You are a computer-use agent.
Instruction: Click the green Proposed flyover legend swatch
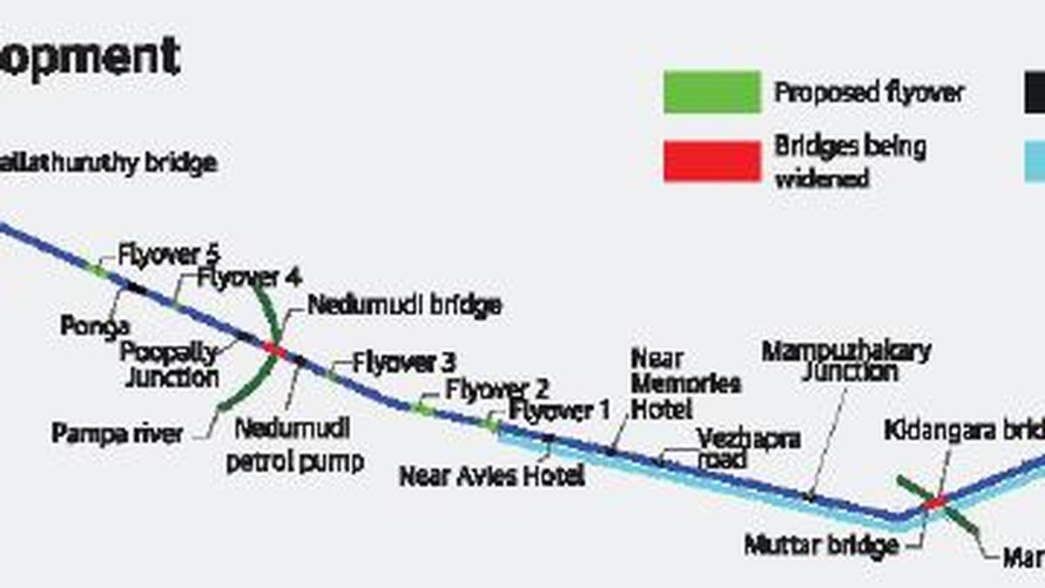click(x=711, y=92)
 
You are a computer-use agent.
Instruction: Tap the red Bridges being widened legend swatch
click(x=711, y=161)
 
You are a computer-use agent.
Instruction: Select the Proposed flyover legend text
click(x=869, y=92)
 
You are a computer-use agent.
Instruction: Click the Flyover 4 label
click(x=249, y=278)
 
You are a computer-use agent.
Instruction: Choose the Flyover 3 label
click(x=405, y=362)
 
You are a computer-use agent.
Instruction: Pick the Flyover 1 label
click(x=561, y=410)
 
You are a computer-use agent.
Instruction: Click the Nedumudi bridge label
click(x=404, y=306)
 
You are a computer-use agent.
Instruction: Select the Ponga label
click(x=95, y=326)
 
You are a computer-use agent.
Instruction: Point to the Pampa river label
click(x=118, y=433)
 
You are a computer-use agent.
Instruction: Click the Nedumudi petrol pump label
click(x=294, y=444)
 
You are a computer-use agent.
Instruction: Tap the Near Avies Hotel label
click(x=491, y=476)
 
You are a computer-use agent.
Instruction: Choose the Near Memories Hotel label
click(x=685, y=383)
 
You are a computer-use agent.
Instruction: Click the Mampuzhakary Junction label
click(x=846, y=362)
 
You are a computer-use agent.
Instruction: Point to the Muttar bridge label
click(x=820, y=546)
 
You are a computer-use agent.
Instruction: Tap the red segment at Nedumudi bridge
click(x=275, y=349)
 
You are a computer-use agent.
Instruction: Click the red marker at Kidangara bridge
click(x=936, y=502)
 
